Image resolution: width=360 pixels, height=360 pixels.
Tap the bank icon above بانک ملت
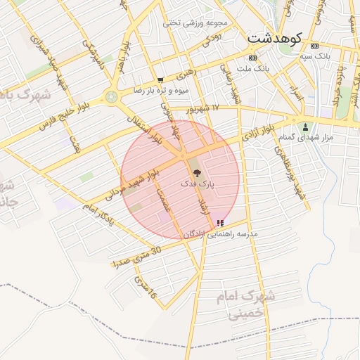252,58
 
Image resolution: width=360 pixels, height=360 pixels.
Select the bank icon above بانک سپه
314,45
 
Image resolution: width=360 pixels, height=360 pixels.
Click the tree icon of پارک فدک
195,172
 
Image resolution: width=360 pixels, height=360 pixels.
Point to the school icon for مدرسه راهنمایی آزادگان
220,223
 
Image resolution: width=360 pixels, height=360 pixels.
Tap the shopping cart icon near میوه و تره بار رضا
161,80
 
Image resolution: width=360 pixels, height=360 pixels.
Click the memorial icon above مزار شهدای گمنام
305,127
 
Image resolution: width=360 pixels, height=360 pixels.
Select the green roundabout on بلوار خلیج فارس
111,97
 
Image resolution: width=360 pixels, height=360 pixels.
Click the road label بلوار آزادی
257,132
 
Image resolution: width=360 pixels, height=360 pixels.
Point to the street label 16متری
145,287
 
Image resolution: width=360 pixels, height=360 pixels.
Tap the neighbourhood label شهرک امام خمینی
250,304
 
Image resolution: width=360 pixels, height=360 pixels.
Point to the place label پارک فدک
198,184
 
